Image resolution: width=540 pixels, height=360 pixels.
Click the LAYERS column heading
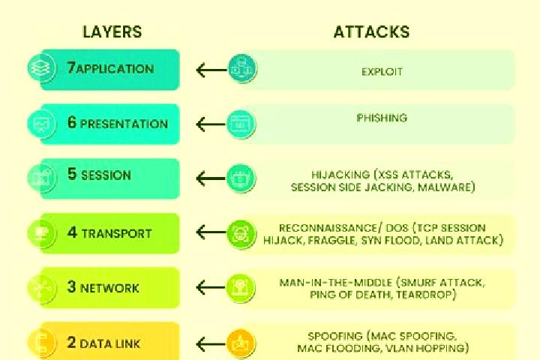pyautogui.click(x=112, y=31)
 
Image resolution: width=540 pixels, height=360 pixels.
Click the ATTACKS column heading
pyautogui.click(x=371, y=31)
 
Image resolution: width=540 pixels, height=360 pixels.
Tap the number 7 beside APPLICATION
pyautogui.click(x=71, y=67)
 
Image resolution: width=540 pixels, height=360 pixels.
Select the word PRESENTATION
pyautogui.click(x=124, y=124)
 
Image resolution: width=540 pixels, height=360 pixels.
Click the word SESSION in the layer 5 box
pyautogui.click(x=106, y=175)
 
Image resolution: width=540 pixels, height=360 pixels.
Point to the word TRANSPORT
pyautogui.click(x=117, y=233)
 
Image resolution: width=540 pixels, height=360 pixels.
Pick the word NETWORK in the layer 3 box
pyautogui.click(x=109, y=288)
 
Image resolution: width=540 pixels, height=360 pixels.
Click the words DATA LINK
pyautogui.click(x=109, y=343)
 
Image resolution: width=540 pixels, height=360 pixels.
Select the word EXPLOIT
pyautogui.click(x=382, y=72)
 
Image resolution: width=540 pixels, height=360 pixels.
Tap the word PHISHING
pyautogui.click(x=382, y=118)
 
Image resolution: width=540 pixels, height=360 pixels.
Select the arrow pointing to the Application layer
pyautogui.click(x=211, y=70)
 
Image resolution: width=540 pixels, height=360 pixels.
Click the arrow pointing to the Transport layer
pyautogui.click(x=211, y=232)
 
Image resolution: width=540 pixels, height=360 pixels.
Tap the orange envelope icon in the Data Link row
pyautogui.click(x=241, y=343)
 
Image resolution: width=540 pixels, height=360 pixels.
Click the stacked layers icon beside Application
pyautogui.click(x=41, y=67)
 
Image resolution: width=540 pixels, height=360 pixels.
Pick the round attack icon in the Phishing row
pyautogui.click(x=241, y=124)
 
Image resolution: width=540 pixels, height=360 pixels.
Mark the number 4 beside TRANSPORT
pyautogui.click(x=72, y=232)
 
